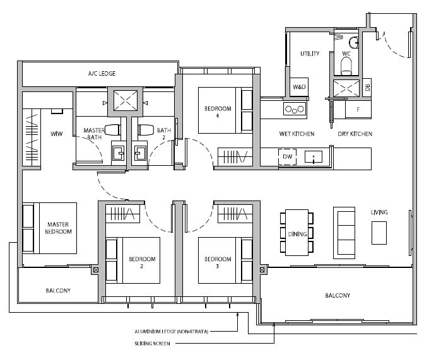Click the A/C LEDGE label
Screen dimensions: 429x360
(102, 74)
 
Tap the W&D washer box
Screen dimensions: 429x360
(299, 87)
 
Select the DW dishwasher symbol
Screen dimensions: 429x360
(287, 156)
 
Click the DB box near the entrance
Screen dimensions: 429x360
(367, 88)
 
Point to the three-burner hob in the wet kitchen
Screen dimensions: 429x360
(295, 109)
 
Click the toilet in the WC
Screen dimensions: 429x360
(346, 67)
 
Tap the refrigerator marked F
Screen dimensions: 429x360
(358, 110)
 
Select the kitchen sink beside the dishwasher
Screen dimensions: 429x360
(314, 157)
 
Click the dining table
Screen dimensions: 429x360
(297, 233)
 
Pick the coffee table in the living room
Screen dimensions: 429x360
(379, 233)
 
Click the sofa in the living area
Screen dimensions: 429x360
(344, 233)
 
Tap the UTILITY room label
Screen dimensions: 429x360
(310, 54)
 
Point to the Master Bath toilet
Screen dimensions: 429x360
(113, 130)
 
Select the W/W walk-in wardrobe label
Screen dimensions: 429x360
(57, 134)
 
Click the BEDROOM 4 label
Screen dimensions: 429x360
(218, 112)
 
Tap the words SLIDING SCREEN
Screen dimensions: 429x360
(152, 344)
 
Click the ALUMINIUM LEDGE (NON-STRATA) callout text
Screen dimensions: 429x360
(171, 332)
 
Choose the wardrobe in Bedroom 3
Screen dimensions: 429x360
(235, 214)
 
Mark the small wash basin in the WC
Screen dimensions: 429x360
(354, 42)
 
